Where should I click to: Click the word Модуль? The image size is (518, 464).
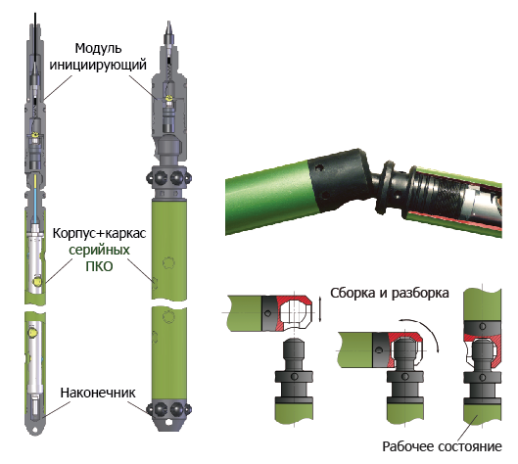pos(99,49)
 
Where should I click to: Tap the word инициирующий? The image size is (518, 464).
pos(98,65)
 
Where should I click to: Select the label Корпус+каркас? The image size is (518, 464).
pos(99,234)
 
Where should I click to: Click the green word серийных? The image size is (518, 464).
pos(99,250)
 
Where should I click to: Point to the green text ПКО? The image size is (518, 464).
pos(99,266)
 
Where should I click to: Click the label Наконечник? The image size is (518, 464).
pos(98,393)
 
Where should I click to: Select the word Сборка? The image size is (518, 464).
pos(353,294)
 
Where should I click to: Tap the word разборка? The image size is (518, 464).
pos(420,294)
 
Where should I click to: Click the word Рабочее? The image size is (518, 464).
pos(408,446)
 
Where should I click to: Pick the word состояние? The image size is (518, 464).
pos(470,446)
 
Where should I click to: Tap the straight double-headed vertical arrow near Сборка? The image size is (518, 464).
pos(319,309)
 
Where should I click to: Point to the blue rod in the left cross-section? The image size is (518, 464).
pos(35,206)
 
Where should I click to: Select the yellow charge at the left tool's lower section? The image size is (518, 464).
pos(33,332)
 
